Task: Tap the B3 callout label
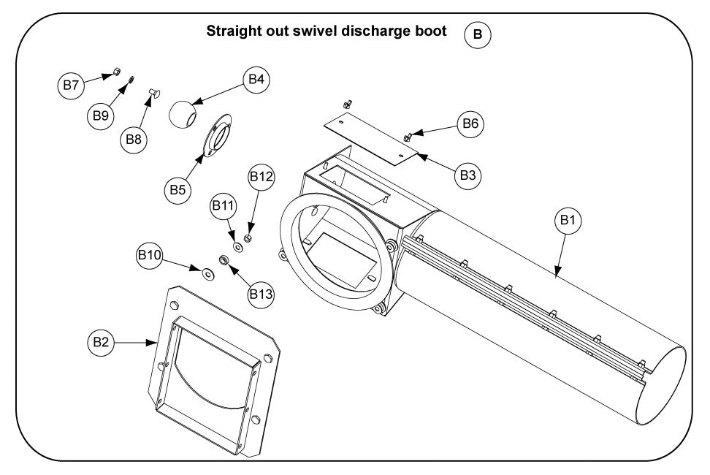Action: point(468,175)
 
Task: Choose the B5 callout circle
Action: point(176,189)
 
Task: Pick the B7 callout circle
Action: point(70,85)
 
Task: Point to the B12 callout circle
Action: point(261,177)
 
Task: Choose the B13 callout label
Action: point(261,294)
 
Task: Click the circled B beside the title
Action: point(478,34)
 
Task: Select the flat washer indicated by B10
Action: point(207,274)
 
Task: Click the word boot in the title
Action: point(432,32)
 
